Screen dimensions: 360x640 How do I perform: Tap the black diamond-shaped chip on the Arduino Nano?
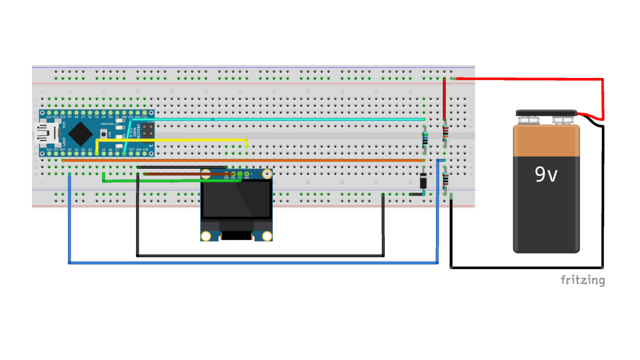[80, 134]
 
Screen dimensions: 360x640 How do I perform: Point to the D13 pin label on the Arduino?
[49, 150]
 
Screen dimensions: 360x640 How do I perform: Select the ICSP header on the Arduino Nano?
[148, 130]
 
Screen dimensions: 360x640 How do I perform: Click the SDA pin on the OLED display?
[247, 174]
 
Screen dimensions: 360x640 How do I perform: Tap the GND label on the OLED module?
[226, 178]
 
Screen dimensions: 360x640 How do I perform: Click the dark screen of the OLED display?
[236, 199]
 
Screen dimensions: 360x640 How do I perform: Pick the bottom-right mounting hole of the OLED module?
[267, 236]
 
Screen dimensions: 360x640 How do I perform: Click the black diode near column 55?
[423, 181]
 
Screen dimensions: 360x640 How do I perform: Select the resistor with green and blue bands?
[425, 140]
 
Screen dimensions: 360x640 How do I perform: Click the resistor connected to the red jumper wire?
[445, 133]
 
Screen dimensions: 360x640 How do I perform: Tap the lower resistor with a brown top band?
[445, 181]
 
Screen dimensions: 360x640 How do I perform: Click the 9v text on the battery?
[546, 174]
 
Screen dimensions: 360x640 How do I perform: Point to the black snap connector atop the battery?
[546, 113]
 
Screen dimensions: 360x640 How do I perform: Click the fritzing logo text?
[583, 280]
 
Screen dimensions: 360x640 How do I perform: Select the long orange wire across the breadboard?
[243, 160]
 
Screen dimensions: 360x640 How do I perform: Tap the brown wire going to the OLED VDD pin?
[186, 174]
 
